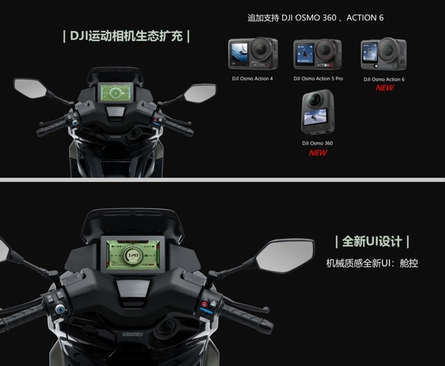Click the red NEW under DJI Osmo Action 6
[x=385, y=88]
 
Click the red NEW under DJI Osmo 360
[x=317, y=152]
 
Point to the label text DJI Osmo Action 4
[x=251, y=78]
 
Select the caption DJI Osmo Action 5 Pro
[x=317, y=78]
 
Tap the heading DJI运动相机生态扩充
[x=126, y=36]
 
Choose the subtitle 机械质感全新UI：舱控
[x=372, y=264]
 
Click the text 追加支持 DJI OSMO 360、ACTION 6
[x=316, y=18]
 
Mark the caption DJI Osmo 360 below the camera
[x=317, y=143]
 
